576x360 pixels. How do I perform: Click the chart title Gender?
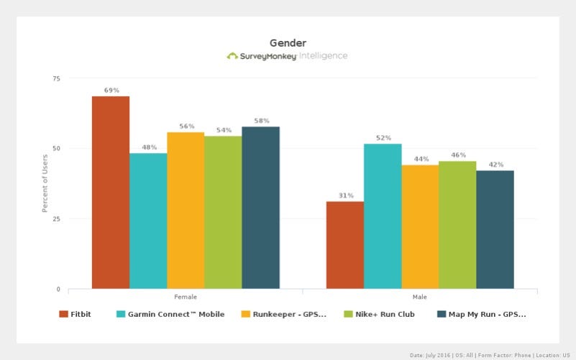tap(288, 43)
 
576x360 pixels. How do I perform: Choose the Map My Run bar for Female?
tap(260, 208)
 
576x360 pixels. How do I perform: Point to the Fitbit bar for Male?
tap(345, 245)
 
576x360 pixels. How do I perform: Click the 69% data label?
tap(111, 91)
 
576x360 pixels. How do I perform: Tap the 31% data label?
tap(345, 196)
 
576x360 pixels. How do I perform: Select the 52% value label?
tap(383, 138)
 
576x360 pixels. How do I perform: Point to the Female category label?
tap(186, 296)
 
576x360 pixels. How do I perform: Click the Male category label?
tap(420, 296)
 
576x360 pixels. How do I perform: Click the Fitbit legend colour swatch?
tap(63, 314)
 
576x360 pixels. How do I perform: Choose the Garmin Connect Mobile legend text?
tap(175, 314)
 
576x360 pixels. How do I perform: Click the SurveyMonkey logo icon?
tap(232, 56)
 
